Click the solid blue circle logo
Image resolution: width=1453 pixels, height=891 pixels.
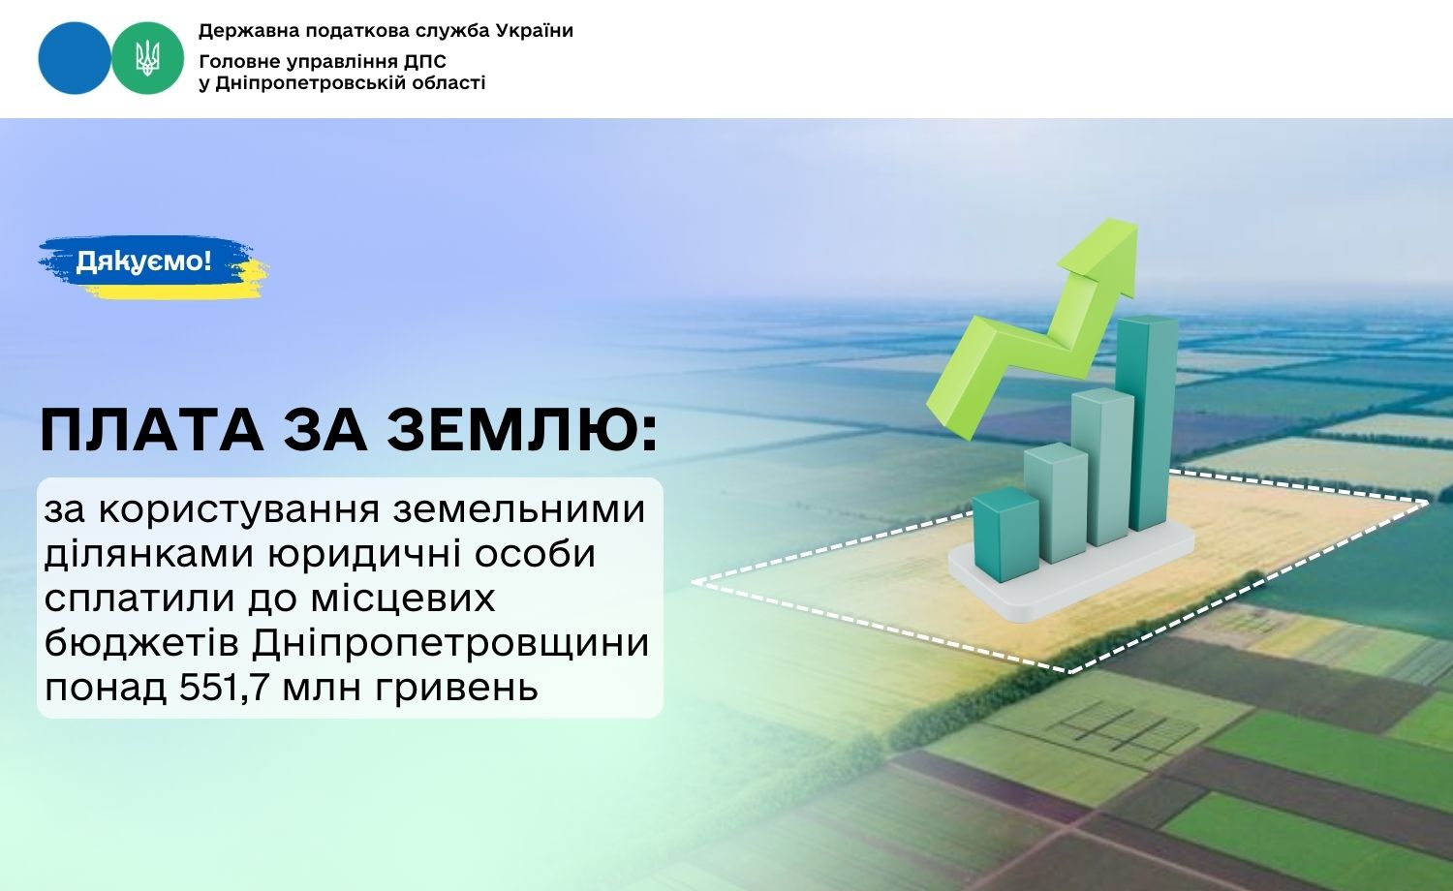pyautogui.click(x=74, y=58)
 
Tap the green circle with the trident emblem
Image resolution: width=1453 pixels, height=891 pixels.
pyautogui.click(x=147, y=58)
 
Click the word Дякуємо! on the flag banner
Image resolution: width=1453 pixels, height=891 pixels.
pyautogui.click(x=143, y=261)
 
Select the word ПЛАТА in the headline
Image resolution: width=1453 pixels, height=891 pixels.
pyautogui.click(x=152, y=431)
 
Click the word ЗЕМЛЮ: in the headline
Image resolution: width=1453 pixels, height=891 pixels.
pyautogui.click(x=523, y=431)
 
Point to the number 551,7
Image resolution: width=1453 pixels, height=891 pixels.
pyautogui.click(x=225, y=688)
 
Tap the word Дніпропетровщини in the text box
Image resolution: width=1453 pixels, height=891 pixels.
pyautogui.click(x=450, y=644)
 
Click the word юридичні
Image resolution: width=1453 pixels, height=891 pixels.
pyautogui.click(x=356, y=555)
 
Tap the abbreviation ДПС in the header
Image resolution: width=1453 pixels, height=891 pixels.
pyautogui.click(x=425, y=62)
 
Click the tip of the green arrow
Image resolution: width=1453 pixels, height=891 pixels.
pyautogui.click(x=1135, y=223)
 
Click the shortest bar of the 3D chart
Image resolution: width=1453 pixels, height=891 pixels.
pyautogui.click(x=1006, y=534)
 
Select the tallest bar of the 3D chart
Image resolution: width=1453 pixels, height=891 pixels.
pyautogui.click(x=1147, y=422)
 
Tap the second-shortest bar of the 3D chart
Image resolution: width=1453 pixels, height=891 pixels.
pyautogui.click(x=1056, y=502)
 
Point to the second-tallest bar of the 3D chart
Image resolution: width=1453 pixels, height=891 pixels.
pyautogui.click(x=1102, y=466)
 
